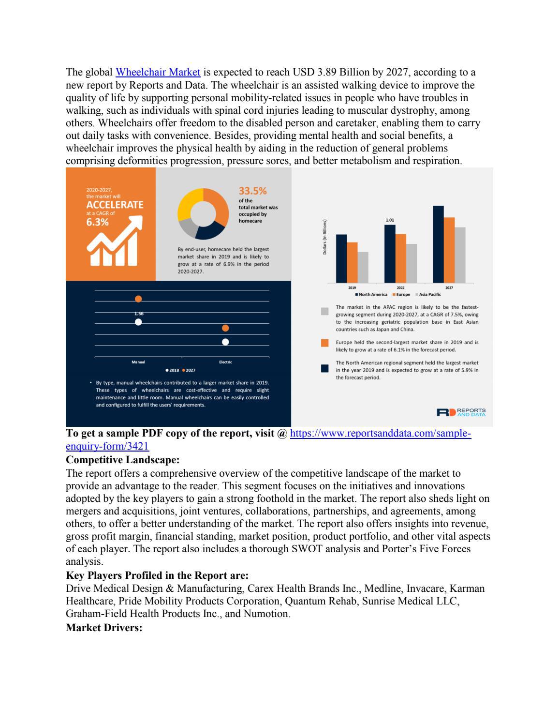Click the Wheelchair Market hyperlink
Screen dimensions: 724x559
[158, 73]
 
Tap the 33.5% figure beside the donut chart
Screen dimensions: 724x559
[253, 191]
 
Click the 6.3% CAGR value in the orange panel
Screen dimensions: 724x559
[97, 223]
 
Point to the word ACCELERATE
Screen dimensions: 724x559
[115, 205]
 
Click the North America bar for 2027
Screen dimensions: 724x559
[438, 244]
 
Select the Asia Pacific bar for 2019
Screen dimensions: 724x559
[363, 267]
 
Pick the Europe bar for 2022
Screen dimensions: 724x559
[400, 258]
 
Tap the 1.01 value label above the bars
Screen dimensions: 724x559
[390, 220]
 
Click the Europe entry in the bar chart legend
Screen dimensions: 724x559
[402, 294]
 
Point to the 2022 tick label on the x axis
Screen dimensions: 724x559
[400, 287]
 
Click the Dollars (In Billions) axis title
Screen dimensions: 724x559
[325, 237]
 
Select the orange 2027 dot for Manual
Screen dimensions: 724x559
[138, 299]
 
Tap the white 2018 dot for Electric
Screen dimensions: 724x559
[225, 342]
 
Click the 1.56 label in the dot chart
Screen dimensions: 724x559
[139, 314]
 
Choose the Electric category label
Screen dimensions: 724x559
[225, 362]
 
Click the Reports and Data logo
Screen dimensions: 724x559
[461, 412]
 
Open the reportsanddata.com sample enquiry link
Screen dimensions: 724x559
[380, 434]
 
